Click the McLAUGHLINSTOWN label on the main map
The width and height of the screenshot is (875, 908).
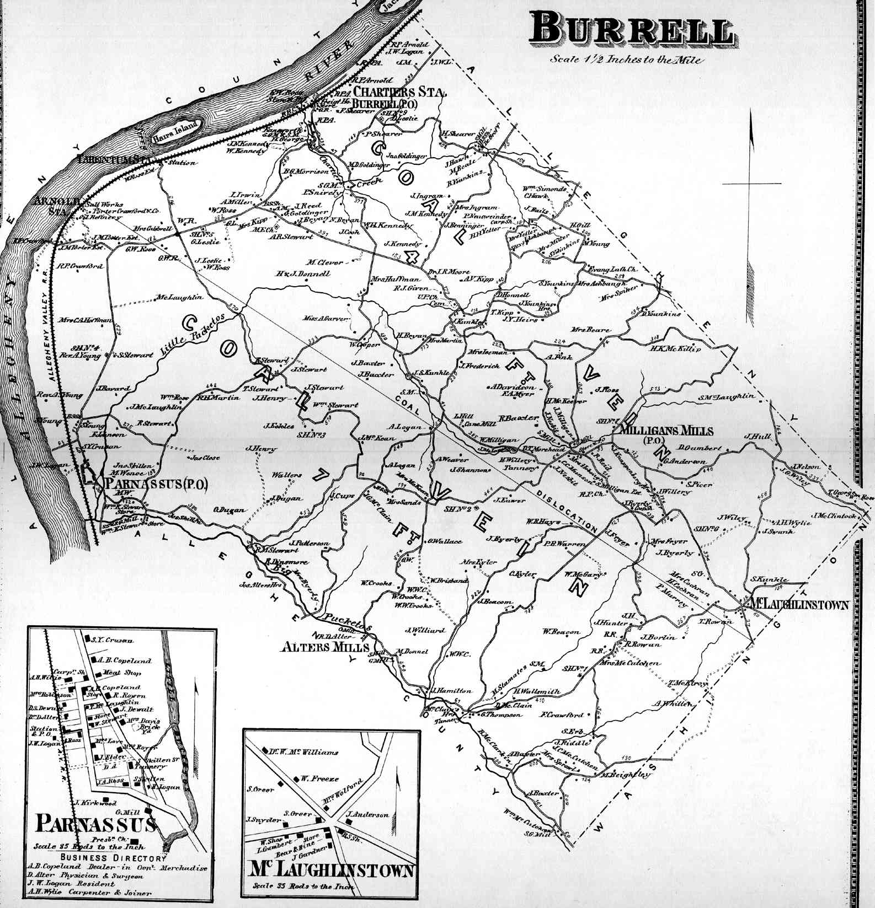(798, 605)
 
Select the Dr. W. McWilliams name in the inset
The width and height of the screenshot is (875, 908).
(304, 752)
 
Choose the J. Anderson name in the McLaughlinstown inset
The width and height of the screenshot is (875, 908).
(368, 814)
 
